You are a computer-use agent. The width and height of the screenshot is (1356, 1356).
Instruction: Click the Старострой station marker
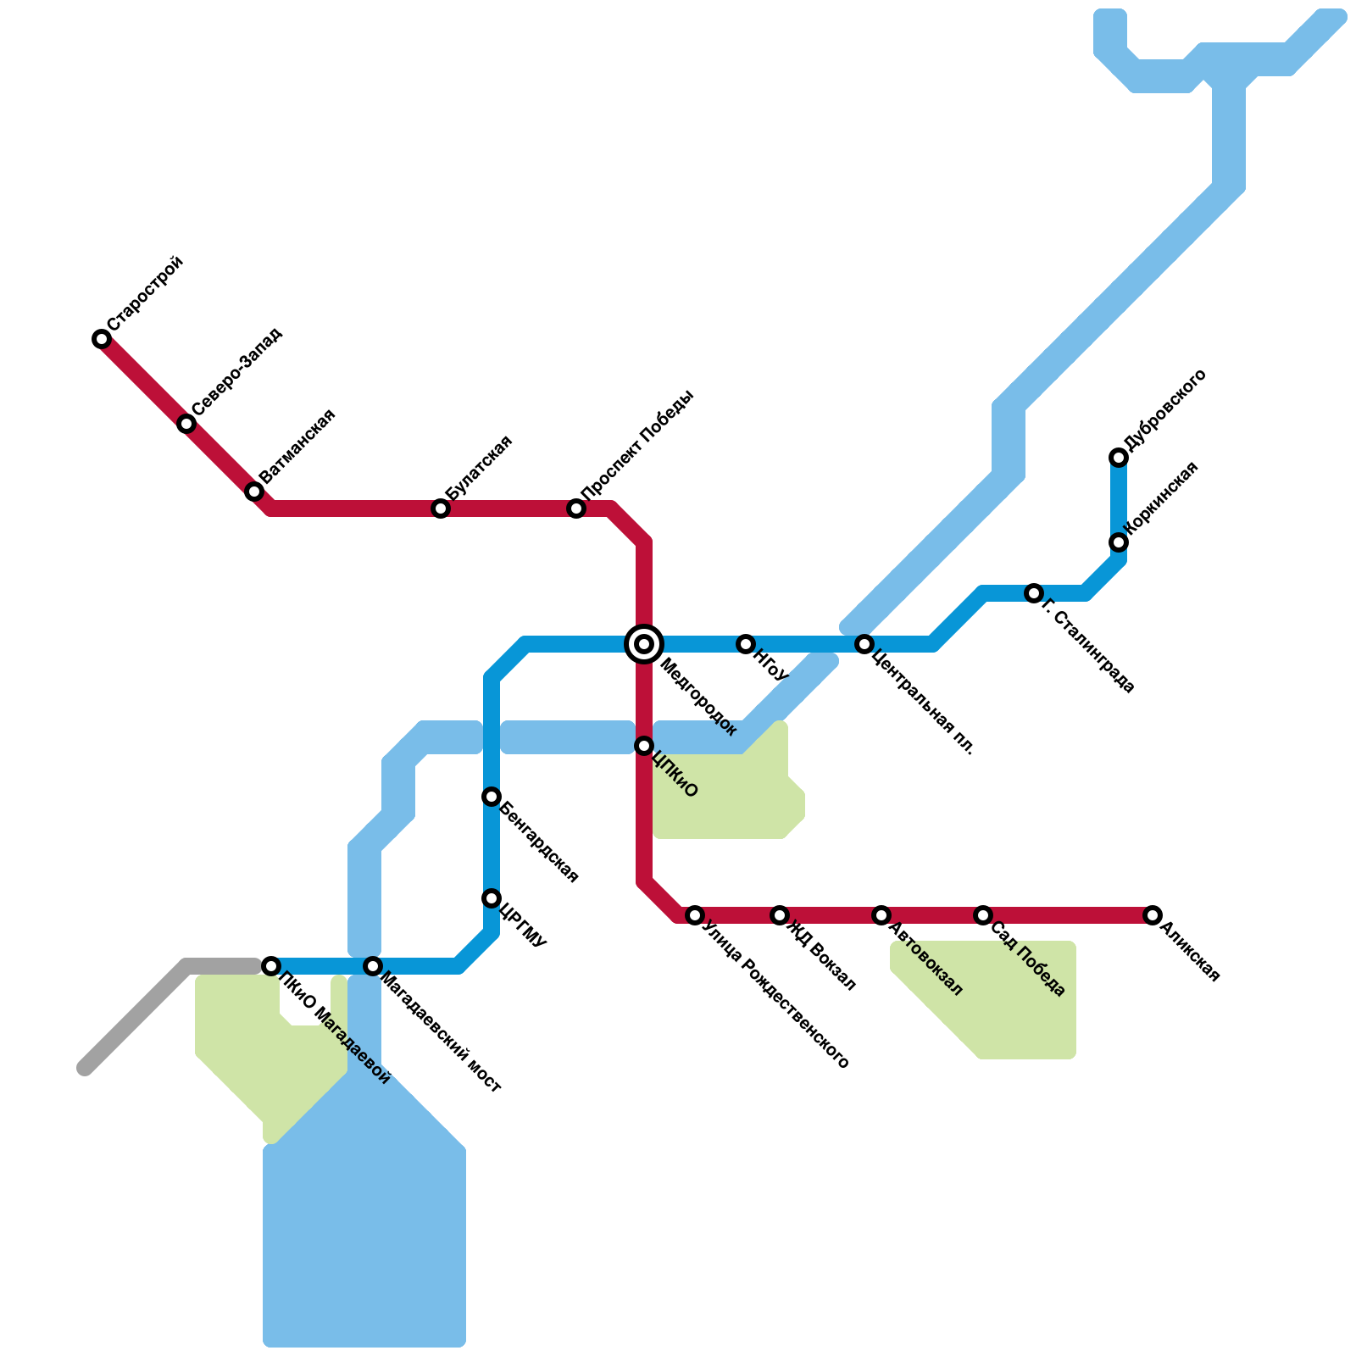pyautogui.click(x=102, y=339)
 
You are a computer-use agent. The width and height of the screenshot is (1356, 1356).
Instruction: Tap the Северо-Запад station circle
pyautogui.click(x=186, y=424)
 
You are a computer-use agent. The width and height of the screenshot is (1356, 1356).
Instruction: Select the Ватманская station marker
pyautogui.click(x=254, y=492)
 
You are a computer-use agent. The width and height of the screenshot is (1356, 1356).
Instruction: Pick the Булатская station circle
pyautogui.click(x=441, y=508)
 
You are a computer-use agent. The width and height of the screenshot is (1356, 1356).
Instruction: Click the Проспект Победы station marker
pyautogui.click(x=576, y=508)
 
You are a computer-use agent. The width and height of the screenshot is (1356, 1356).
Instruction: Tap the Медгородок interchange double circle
pyautogui.click(x=644, y=644)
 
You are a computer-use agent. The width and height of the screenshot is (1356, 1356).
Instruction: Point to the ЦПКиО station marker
pyautogui.click(x=644, y=746)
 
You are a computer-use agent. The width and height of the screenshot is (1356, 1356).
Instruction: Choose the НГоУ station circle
pyautogui.click(x=746, y=644)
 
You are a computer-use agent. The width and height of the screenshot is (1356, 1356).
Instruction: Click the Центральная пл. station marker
pyautogui.click(x=864, y=644)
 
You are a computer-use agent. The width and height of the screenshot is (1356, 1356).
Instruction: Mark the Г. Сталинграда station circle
pyautogui.click(x=1033, y=593)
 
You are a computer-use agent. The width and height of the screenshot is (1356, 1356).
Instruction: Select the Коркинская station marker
pyautogui.click(x=1119, y=542)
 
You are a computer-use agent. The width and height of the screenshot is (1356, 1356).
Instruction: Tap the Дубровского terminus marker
pyautogui.click(x=1119, y=458)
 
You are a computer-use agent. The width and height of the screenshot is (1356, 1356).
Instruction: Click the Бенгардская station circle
pyautogui.click(x=492, y=797)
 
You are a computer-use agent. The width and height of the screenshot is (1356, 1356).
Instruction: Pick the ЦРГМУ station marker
pyautogui.click(x=492, y=898)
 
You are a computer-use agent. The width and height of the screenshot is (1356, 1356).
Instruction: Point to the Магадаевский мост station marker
pyautogui.click(x=373, y=966)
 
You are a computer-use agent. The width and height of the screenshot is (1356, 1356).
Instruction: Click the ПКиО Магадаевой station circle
pyautogui.click(x=271, y=966)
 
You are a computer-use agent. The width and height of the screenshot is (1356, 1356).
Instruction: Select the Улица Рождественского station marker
pyautogui.click(x=695, y=915)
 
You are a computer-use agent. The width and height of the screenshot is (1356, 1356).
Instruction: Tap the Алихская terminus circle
pyautogui.click(x=1153, y=915)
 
